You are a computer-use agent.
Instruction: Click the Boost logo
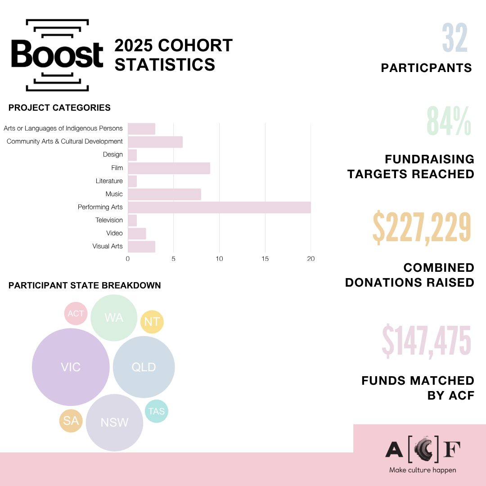57,55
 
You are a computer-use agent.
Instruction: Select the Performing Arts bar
219,207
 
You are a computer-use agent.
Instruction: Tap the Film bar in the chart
169,168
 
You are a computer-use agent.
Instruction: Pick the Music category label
114,194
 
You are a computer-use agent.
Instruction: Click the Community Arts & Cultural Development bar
155,142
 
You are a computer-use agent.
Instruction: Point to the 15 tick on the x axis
265,259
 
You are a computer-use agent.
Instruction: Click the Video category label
114,233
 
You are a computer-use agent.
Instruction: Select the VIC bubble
71,367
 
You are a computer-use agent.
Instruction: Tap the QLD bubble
144,367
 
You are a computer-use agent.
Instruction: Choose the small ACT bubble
76,313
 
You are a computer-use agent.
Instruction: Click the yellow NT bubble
152,322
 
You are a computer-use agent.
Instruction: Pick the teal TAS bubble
156,411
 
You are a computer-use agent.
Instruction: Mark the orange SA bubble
71,421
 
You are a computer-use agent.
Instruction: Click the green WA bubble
113,318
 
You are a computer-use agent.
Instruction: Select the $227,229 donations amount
422,227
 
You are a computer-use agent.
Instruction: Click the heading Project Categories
59,108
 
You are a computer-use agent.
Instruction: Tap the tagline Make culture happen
423,470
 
